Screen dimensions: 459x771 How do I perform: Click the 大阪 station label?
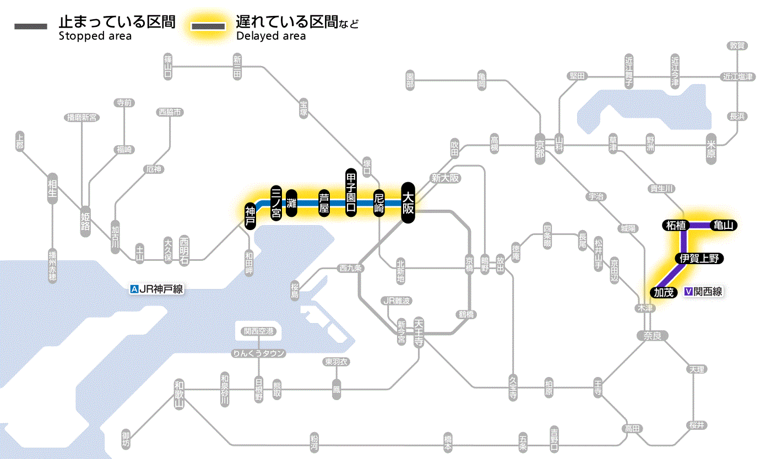pos(408,203)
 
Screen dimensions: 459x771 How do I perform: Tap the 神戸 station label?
pos(250,216)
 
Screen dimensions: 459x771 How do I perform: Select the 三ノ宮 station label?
pos(276,203)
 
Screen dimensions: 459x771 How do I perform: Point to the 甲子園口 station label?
pos(351,192)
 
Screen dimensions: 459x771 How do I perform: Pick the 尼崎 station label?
pos(379,203)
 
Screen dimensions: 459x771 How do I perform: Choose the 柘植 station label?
pos(675,225)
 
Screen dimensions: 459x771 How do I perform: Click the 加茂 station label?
pos(664,292)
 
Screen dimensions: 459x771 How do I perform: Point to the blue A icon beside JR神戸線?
pos(133,288)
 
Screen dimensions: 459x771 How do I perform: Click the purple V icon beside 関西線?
pos(688,292)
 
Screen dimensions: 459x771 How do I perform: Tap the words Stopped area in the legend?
pos(95,36)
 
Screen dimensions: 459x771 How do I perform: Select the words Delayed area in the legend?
pos(271,36)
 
